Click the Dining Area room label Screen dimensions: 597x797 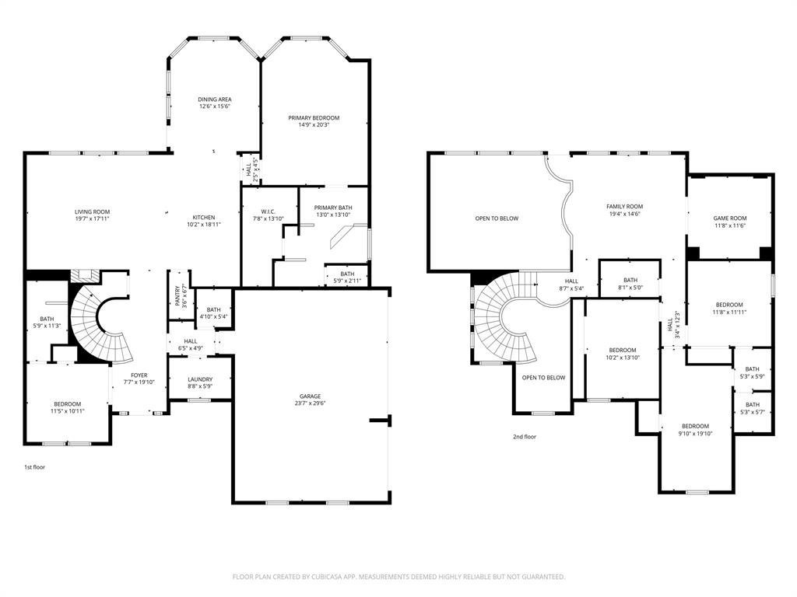(x=214, y=99)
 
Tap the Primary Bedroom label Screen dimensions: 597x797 (x=314, y=118)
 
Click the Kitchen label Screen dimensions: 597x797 (x=204, y=218)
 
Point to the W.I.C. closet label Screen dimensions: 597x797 (x=269, y=211)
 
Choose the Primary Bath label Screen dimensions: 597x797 (x=333, y=208)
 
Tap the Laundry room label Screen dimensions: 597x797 (x=200, y=380)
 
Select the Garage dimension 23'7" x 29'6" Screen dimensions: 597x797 (x=310, y=403)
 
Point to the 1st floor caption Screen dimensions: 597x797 (x=34, y=468)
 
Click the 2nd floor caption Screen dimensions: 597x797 (x=524, y=437)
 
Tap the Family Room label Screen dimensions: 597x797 (x=624, y=207)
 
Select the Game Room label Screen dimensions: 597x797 (x=729, y=218)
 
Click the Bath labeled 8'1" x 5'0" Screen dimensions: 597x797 (x=630, y=281)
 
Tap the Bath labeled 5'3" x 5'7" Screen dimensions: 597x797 (x=752, y=405)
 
